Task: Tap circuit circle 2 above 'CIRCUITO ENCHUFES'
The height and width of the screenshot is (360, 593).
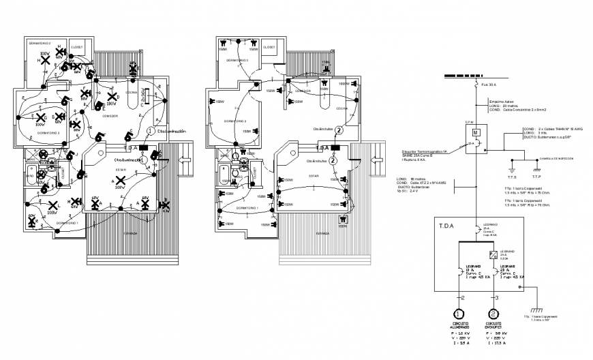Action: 492,316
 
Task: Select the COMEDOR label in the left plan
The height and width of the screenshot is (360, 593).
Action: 109,117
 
